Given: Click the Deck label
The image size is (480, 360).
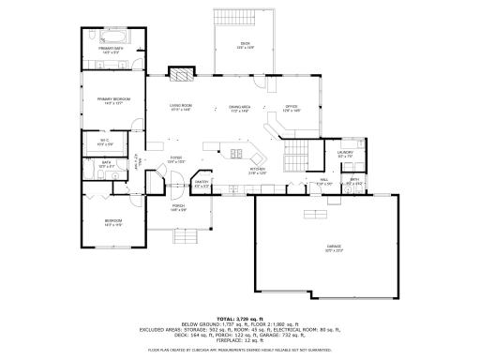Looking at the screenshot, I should click(x=245, y=44).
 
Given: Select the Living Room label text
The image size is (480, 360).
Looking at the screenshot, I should click(x=181, y=107).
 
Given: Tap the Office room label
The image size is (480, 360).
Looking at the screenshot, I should click(x=292, y=107).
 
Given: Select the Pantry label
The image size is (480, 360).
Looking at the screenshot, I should click(x=202, y=183).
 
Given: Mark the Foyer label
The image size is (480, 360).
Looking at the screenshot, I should click(x=175, y=159).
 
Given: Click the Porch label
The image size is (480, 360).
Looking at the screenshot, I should click(x=178, y=207).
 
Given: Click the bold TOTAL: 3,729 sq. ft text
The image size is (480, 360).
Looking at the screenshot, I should click(x=240, y=319).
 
